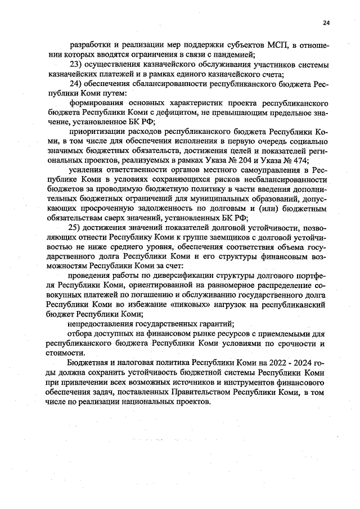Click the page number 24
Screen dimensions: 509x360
[326, 22]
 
